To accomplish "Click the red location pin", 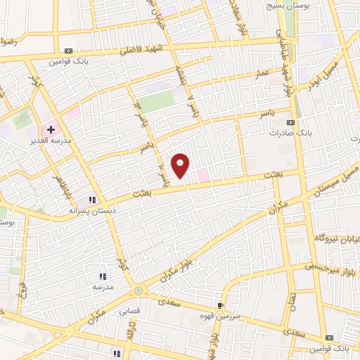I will click(181, 166).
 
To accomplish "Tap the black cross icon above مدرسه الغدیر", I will click(51, 129).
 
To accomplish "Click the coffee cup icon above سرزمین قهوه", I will click(221, 306).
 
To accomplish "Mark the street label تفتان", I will click(292, 302).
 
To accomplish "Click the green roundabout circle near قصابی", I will click(138, 290).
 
